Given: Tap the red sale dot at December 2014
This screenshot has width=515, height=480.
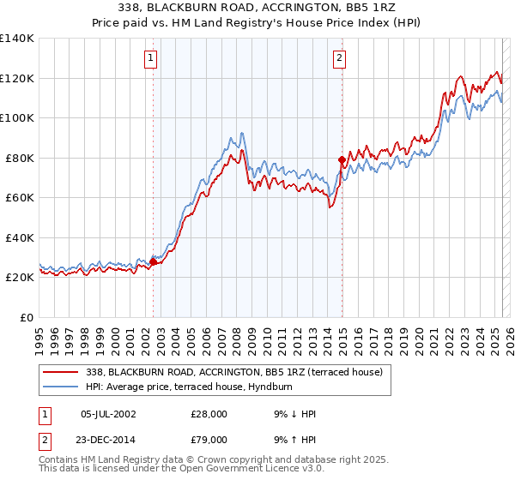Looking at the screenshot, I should tap(342, 159).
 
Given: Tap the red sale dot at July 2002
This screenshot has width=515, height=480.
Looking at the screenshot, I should tap(153, 261).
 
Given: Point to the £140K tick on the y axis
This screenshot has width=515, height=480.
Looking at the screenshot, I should tap(17, 39).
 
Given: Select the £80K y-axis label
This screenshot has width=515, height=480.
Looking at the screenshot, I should tap(20, 158).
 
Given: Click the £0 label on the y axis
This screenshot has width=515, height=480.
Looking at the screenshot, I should tap(26, 317).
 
